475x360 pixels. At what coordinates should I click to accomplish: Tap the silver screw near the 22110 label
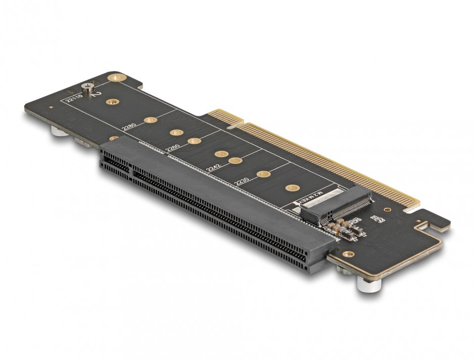(x=89, y=87)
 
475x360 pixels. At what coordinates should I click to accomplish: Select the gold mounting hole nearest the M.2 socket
(x=291, y=188)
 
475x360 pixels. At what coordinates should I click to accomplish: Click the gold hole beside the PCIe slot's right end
(x=347, y=254)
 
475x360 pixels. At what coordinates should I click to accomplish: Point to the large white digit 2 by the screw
(x=99, y=94)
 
